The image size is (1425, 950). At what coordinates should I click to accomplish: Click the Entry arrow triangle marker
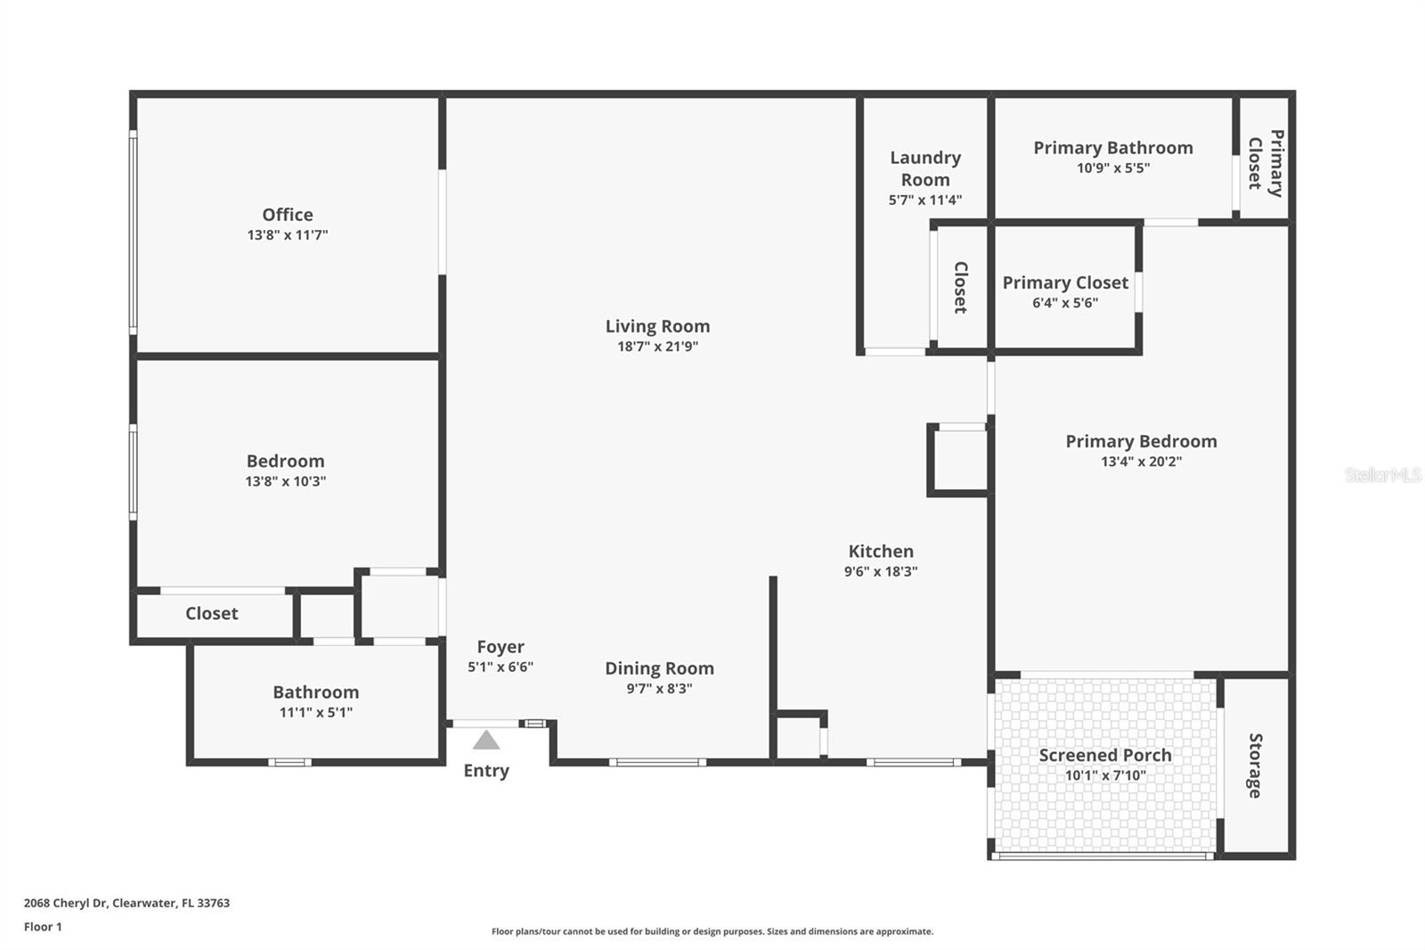[485, 740]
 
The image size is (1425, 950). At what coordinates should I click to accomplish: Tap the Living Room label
[657, 326]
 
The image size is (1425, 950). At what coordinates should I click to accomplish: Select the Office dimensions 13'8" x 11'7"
[287, 235]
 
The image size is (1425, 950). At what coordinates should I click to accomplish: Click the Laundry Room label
[925, 168]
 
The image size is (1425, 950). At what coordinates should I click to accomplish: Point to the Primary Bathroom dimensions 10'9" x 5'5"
[1112, 168]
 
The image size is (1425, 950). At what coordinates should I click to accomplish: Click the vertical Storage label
[1255, 766]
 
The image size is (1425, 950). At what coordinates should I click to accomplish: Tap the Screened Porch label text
[1104, 755]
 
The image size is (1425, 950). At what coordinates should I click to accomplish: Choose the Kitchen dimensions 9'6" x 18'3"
[880, 571]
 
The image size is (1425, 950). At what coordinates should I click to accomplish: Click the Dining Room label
[659, 668]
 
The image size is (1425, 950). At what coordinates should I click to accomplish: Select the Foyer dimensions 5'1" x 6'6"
[500, 667]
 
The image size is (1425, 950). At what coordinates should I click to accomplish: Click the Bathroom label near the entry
[315, 692]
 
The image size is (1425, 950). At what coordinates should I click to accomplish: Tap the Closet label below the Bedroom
[211, 613]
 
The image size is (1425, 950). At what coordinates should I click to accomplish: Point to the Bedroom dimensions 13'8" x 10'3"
[285, 481]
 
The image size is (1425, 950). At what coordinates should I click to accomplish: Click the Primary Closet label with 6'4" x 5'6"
[1065, 283]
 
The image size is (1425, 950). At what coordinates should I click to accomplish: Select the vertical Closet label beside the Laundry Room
[960, 287]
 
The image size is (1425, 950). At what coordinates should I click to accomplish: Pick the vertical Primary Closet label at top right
[1266, 163]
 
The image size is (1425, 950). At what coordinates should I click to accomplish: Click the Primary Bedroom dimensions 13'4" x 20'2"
[1141, 462]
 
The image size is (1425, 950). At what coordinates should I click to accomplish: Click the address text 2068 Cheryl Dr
[66, 903]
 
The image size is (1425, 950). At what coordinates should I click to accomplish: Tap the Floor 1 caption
[43, 927]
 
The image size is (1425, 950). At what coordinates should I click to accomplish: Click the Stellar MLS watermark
[1382, 475]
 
